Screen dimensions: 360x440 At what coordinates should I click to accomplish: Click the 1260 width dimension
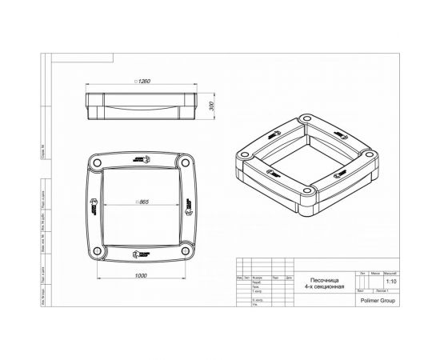pos(144,81)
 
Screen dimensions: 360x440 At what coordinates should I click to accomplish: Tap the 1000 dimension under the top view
pos(142,275)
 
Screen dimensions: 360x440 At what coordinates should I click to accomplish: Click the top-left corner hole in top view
pos(98,162)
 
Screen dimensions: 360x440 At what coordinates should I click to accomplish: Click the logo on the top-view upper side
pos(144,158)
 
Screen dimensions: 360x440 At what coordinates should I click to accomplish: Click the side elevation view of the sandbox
pos(144,104)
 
